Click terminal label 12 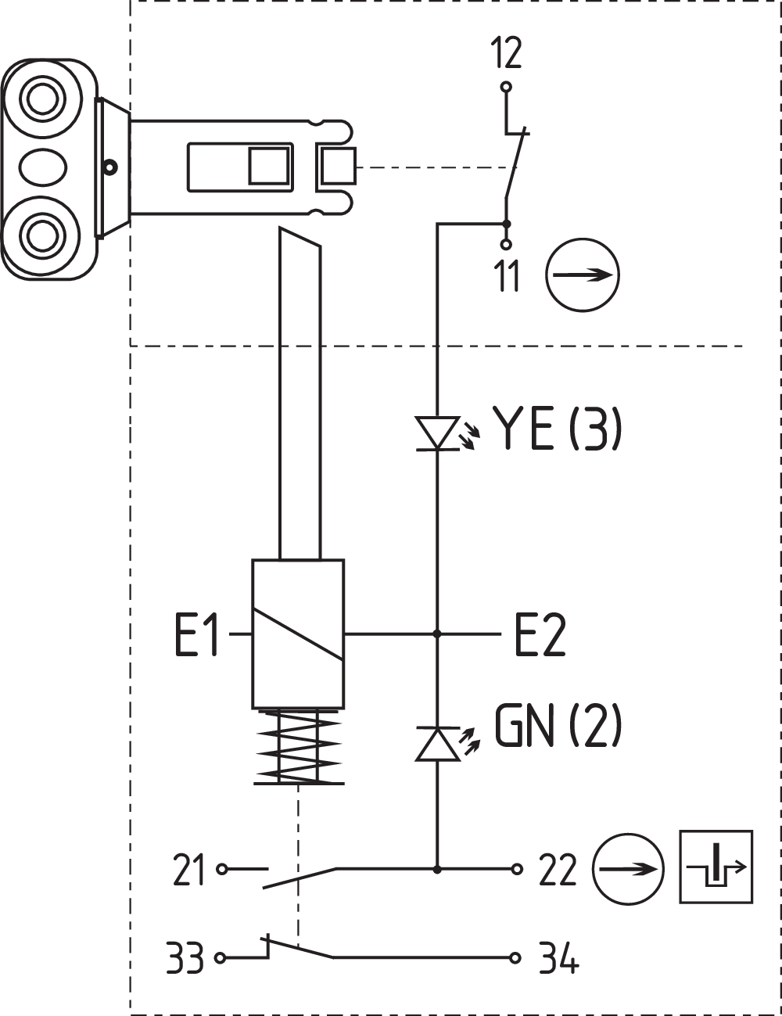pyautogui.click(x=506, y=53)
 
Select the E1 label pyautogui.click(x=196, y=635)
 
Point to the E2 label pyautogui.click(x=540, y=635)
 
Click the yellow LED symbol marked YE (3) pyautogui.click(x=437, y=433)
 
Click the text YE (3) pyautogui.click(x=557, y=429)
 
